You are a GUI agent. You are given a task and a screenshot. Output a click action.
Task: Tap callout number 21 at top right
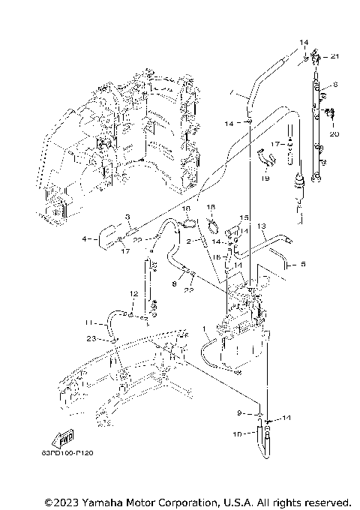[334, 57]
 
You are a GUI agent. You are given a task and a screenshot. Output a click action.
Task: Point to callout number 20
[334, 134]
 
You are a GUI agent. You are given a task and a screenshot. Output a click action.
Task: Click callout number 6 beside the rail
[335, 85]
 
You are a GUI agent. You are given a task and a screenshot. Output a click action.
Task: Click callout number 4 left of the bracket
[85, 239]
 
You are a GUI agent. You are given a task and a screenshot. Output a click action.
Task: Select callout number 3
[127, 217]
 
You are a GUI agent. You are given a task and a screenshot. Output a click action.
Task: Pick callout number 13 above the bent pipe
[262, 226]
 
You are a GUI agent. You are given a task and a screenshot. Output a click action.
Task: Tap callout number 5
[304, 264]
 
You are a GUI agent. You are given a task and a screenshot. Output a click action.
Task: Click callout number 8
[173, 284]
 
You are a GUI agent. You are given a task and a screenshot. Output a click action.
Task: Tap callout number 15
[243, 217]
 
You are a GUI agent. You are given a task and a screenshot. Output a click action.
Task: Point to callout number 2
[191, 241]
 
